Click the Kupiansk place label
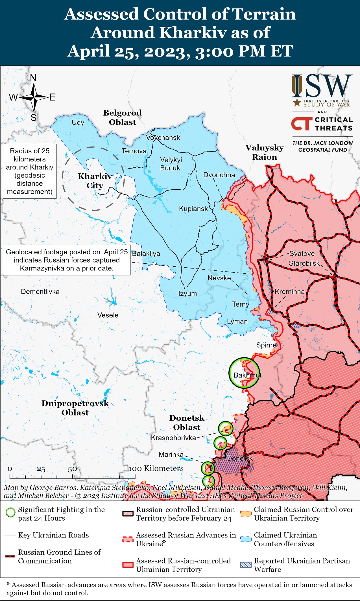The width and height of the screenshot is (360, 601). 193,209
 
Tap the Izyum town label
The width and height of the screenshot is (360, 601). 187,293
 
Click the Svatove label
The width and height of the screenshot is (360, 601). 302,253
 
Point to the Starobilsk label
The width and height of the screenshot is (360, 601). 304,263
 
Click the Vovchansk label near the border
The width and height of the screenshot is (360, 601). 163,138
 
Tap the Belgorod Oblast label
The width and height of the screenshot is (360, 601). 122,117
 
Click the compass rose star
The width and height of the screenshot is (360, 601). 34,97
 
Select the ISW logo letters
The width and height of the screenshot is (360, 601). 322,86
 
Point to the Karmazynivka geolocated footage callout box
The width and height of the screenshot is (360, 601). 67,260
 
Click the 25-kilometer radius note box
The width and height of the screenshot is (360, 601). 30,171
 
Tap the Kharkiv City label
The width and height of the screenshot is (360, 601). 95,181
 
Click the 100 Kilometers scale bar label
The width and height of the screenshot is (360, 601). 156,469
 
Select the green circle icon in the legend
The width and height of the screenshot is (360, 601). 10,512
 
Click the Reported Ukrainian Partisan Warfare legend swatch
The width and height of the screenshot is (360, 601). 245,565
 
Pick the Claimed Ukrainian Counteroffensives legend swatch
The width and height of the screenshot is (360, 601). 245,539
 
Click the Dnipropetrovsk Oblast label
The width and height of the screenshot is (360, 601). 75,408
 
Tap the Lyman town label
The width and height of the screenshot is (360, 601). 237,322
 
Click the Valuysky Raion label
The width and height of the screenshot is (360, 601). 265,152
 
